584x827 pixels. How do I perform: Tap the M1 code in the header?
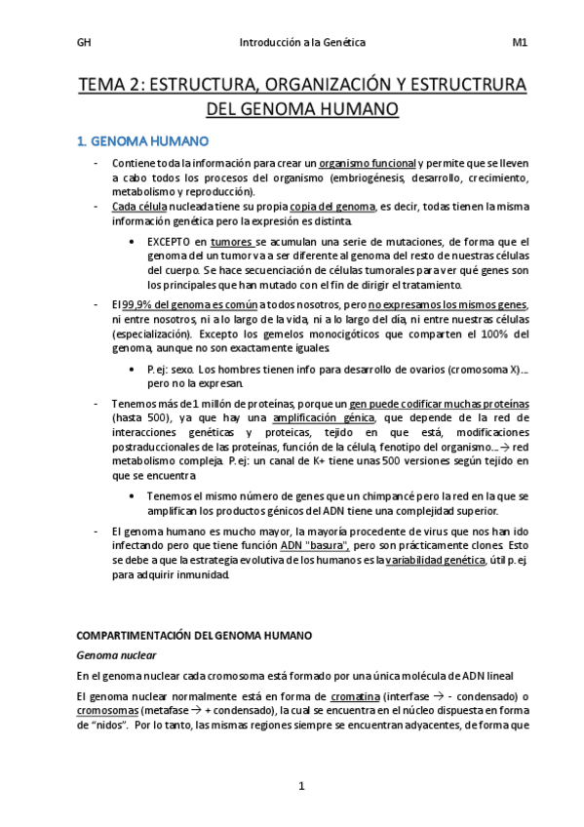[x=519, y=42]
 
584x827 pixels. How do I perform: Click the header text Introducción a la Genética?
[x=302, y=42]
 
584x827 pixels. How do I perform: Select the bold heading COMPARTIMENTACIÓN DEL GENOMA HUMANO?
[x=194, y=635]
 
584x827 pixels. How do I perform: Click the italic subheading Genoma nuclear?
[x=117, y=655]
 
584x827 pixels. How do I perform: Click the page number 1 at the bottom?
[x=302, y=786]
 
